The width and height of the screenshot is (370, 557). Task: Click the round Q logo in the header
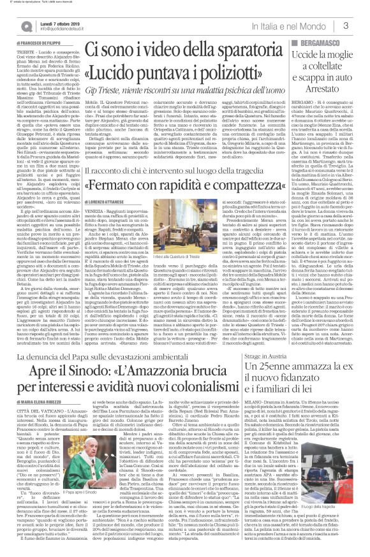pyautogui.click(x=26, y=26)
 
